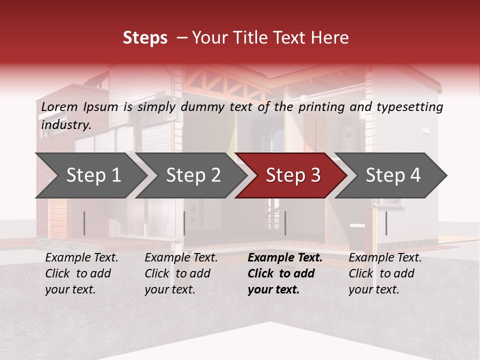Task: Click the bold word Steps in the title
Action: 145,38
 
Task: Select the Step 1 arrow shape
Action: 90,175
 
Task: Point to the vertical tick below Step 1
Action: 84,223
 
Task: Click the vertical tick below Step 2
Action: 184,223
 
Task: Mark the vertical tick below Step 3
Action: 285,223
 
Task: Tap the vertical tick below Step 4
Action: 386,223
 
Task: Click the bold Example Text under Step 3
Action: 285,258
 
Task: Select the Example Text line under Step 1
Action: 81,258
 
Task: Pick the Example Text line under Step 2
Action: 181,258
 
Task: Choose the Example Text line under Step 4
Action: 385,258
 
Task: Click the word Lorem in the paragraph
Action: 59,107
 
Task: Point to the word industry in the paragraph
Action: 65,125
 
